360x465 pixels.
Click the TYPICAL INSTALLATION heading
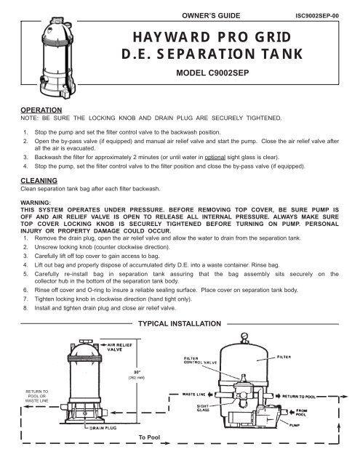[x=180, y=321]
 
